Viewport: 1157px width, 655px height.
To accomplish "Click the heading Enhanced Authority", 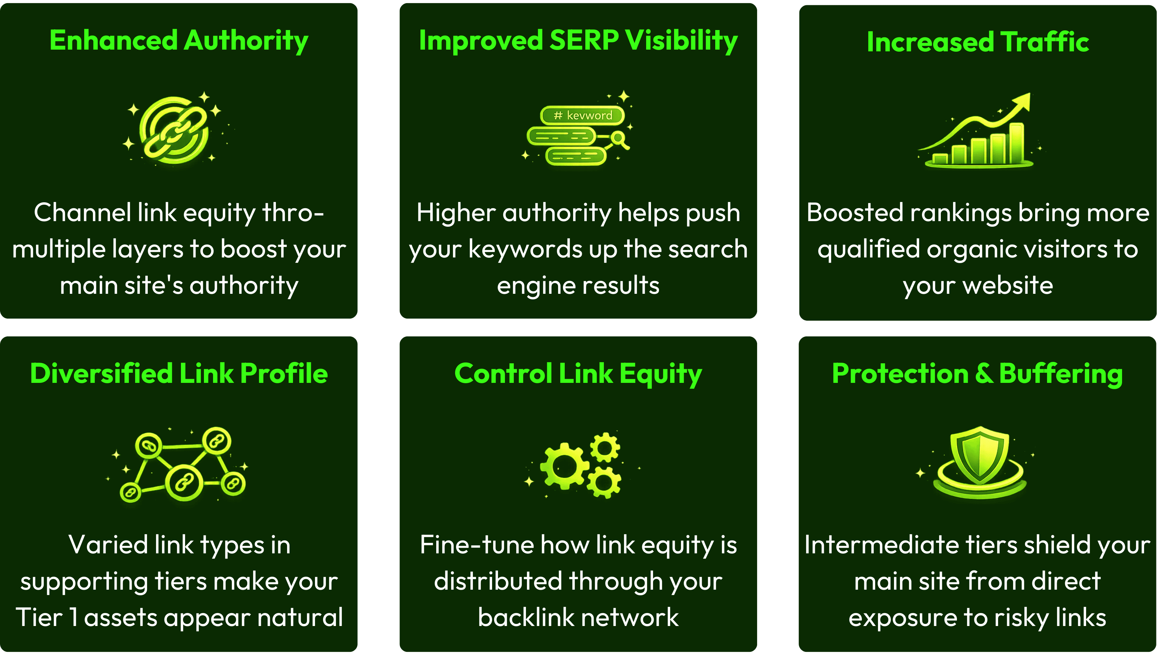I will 178,41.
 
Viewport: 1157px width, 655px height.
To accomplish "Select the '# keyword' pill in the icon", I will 582,116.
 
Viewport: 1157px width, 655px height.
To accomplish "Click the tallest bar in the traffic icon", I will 1016,143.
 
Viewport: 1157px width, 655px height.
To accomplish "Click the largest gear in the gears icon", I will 564,466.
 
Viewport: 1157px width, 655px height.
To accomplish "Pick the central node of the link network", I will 184,483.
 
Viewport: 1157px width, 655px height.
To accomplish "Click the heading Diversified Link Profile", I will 178,373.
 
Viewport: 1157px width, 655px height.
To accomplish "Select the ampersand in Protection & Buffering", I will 983,373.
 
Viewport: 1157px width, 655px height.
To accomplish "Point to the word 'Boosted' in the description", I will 854,213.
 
